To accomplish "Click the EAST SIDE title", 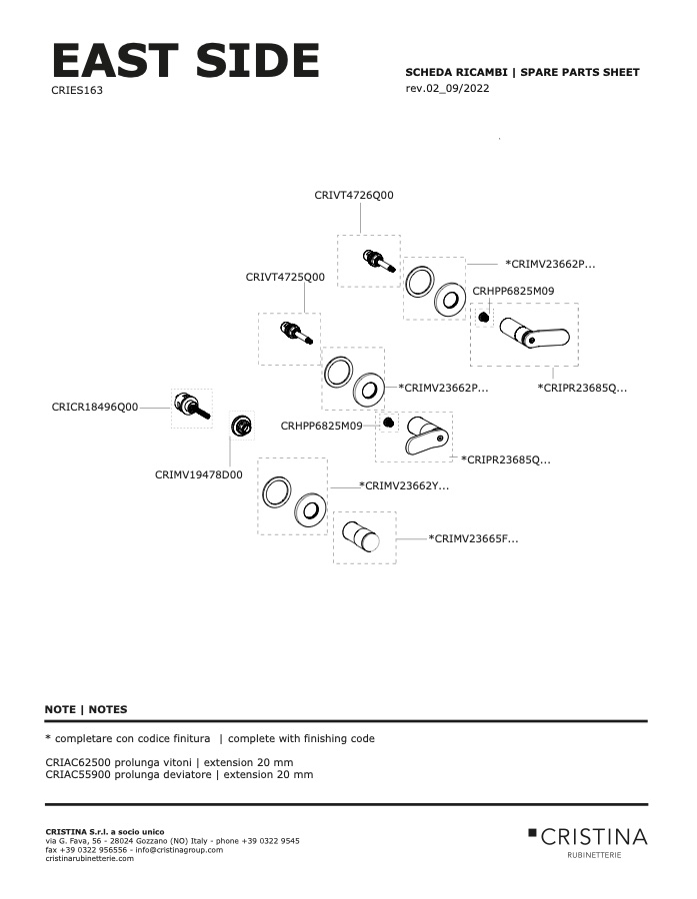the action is click(185, 60).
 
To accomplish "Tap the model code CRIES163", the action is click(77, 90).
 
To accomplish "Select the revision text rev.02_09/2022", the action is click(447, 88).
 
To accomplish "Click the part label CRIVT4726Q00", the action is click(354, 195).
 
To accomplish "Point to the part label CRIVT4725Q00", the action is click(285, 277).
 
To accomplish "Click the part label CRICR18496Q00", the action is click(95, 408).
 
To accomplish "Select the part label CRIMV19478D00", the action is click(199, 474).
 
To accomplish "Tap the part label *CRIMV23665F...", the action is click(473, 539).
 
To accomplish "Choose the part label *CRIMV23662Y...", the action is click(404, 486).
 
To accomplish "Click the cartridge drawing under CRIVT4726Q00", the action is click(380, 260).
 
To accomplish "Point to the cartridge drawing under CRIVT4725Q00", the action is click(296, 333).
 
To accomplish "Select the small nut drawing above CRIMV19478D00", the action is click(242, 426).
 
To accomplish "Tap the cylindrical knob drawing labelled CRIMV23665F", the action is click(361, 536).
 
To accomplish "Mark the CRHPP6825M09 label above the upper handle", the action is click(513, 292).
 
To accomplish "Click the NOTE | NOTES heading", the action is click(86, 709).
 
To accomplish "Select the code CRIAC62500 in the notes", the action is click(78, 762).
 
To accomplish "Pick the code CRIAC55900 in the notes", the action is click(78, 774).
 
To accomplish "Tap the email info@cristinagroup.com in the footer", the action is click(179, 850).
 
